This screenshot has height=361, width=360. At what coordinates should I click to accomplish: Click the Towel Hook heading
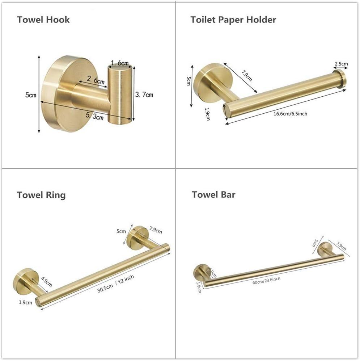[x=43, y=19]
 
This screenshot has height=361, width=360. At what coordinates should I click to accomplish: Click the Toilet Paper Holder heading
[x=233, y=19]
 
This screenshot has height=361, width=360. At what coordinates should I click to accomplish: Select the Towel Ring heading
[x=41, y=195]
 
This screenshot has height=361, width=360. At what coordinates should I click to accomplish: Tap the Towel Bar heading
[x=213, y=194]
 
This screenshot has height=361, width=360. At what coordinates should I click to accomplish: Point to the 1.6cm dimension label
[x=119, y=63]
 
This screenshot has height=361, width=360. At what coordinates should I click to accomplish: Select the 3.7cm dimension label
[x=144, y=95]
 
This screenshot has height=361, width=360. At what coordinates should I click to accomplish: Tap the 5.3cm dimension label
[x=96, y=117]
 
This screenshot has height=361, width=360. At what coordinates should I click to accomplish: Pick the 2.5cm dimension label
[x=341, y=64]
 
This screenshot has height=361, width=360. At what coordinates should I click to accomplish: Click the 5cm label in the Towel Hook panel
[x=31, y=95]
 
